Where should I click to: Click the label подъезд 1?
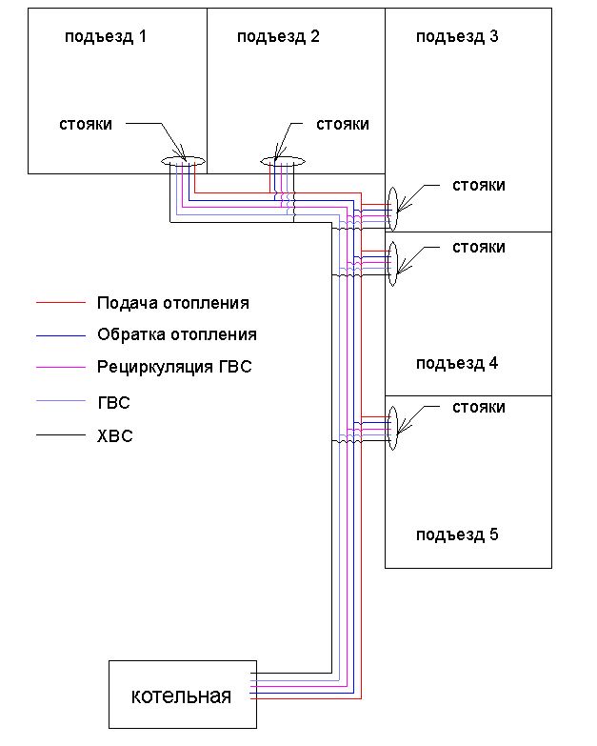point(106,37)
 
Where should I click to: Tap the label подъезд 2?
point(278,37)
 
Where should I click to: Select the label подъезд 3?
point(457,37)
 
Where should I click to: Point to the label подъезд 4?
point(457,363)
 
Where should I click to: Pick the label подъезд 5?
point(457,534)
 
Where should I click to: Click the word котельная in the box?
point(181,696)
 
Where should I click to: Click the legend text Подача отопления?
point(173,303)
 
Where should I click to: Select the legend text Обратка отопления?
point(177,334)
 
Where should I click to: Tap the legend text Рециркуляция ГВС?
point(174,366)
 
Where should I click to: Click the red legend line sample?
point(62,304)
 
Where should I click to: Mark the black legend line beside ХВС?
point(62,436)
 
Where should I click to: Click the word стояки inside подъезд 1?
point(86,125)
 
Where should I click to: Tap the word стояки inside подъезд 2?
point(342,125)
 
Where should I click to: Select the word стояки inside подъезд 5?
point(478,407)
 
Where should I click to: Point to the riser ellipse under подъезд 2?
point(283,162)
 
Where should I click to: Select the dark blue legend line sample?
point(62,335)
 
